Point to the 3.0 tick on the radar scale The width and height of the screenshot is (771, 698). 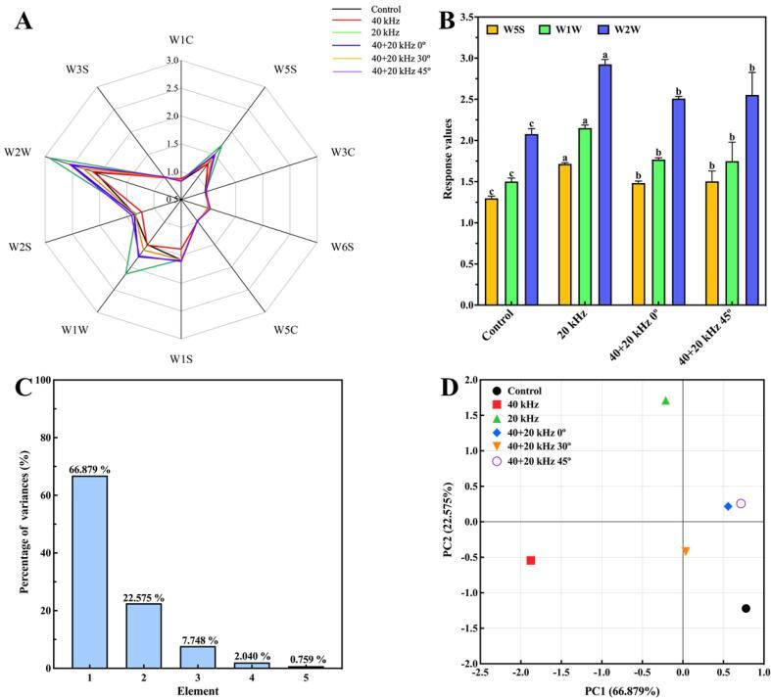click(172, 61)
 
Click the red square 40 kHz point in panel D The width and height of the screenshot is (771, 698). click(530, 560)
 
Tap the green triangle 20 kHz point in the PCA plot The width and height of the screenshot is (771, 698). click(666, 400)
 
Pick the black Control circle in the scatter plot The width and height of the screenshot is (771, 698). click(746, 608)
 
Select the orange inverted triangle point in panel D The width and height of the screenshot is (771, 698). click(686, 551)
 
